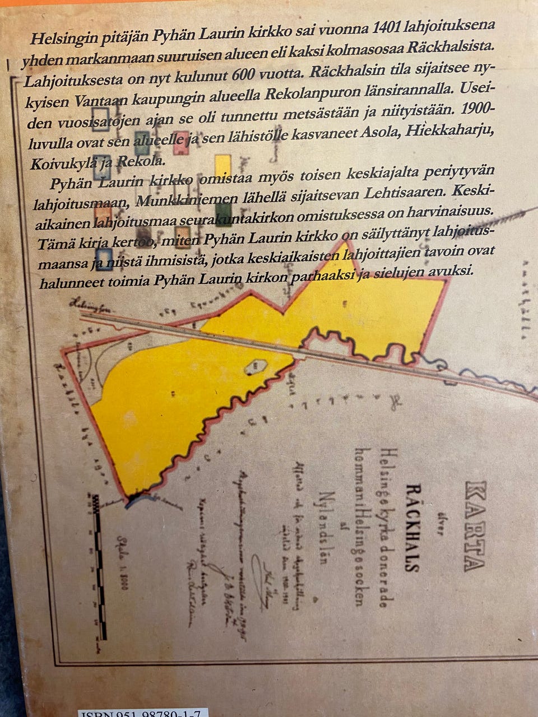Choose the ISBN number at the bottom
(143, 713)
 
